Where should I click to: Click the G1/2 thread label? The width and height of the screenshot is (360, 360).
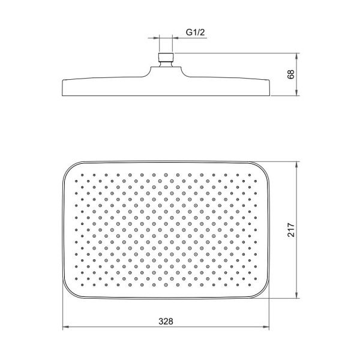point(195,32)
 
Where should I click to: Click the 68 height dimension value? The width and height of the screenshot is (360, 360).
point(291,74)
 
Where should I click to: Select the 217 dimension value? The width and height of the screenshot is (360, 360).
point(291,230)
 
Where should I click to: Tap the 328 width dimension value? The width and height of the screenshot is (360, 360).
point(166,322)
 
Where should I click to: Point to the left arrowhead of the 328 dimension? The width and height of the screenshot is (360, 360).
point(66,327)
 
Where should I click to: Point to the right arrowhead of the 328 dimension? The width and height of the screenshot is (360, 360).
point(266,327)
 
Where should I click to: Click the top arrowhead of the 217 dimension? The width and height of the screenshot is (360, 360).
point(297,165)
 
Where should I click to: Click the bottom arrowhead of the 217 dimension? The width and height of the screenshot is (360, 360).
point(297,295)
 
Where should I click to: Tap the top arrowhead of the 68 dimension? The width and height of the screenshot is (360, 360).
point(297,56)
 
